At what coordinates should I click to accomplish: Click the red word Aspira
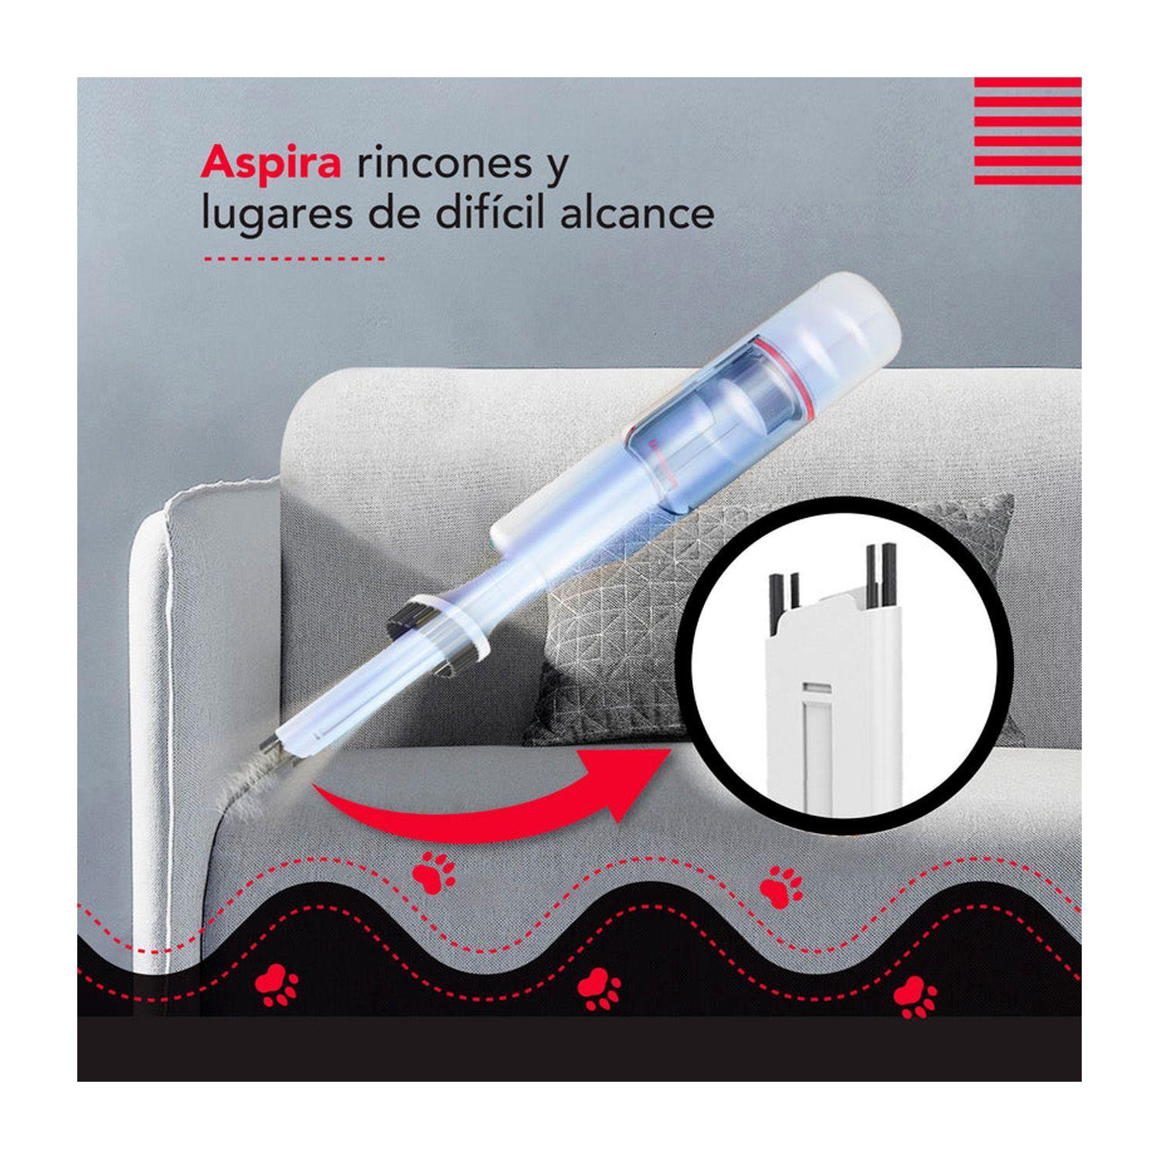coord(270,167)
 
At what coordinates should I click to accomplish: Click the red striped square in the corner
coord(1028,123)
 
